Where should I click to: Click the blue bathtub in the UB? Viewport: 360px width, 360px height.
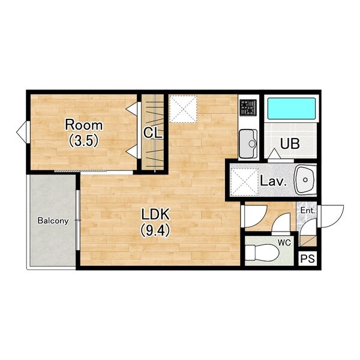[292, 109]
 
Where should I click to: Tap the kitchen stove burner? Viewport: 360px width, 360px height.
[248, 107]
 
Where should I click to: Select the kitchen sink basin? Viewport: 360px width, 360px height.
[248, 143]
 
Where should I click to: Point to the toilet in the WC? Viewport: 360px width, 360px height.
[262, 253]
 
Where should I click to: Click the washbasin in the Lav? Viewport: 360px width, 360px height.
[305, 179]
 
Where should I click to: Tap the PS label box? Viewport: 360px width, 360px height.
[308, 259]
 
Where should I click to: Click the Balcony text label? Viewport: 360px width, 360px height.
[53, 221]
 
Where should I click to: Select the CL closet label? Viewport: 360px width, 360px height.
[152, 133]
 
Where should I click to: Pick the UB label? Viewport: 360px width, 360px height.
[290, 144]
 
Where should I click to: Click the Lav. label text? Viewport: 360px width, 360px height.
[274, 181]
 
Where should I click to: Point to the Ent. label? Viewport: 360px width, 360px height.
[308, 211]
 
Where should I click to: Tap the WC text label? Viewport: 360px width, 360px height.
[284, 242]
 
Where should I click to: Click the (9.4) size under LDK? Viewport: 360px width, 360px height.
[155, 230]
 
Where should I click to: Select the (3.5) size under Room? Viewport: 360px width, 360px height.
[84, 140]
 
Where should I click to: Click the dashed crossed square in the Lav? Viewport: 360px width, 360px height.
[245, 181]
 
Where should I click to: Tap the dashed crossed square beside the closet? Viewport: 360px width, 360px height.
[183, 109]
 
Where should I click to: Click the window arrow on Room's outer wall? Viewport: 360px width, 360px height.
[22, 132]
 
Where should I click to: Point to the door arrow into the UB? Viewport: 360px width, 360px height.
[274, 153]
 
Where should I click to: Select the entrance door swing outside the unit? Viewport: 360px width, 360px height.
[332, 216]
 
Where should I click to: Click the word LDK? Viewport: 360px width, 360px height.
[155, 214]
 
